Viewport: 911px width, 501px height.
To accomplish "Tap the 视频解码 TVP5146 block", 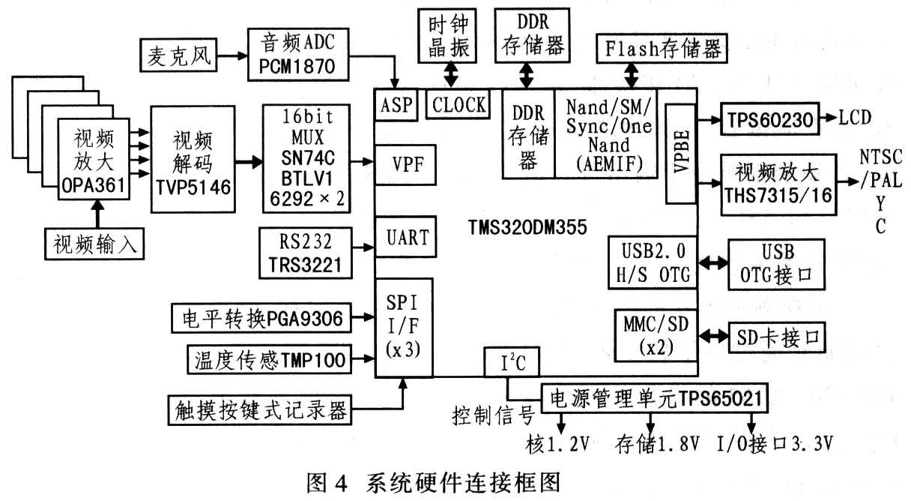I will pyautogui.click(x=192, y=162).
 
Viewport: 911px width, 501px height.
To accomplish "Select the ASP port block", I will pyautogui.click(x=395, y=105).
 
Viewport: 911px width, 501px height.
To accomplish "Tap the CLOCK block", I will pyautogui.click(x=458, y=105).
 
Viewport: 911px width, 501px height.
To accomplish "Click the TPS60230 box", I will pyautogui.click(x=769, y=118).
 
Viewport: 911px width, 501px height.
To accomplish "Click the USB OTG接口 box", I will pyautogui.click(x=776, y=264).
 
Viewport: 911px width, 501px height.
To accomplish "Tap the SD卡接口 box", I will pyautogui.click(x=776, y=335).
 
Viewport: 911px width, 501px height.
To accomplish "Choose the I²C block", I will pyautogui.click(x=506, y=363).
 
